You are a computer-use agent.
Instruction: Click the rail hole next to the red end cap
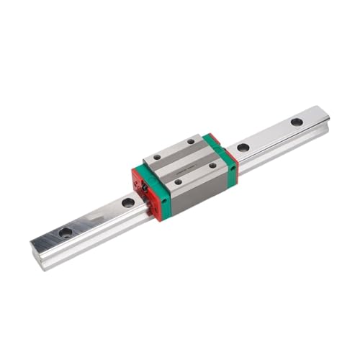pos(128,203)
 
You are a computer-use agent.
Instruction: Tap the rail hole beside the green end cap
pos(243,148)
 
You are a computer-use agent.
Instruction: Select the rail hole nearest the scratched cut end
pos(66,232)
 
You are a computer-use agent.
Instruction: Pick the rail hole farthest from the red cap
pos(297,122)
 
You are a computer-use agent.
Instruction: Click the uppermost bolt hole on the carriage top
pos(192,142)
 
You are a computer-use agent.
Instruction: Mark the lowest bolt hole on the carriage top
pos(177,181)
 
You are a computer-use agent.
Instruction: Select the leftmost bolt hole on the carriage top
pos(157,158)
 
